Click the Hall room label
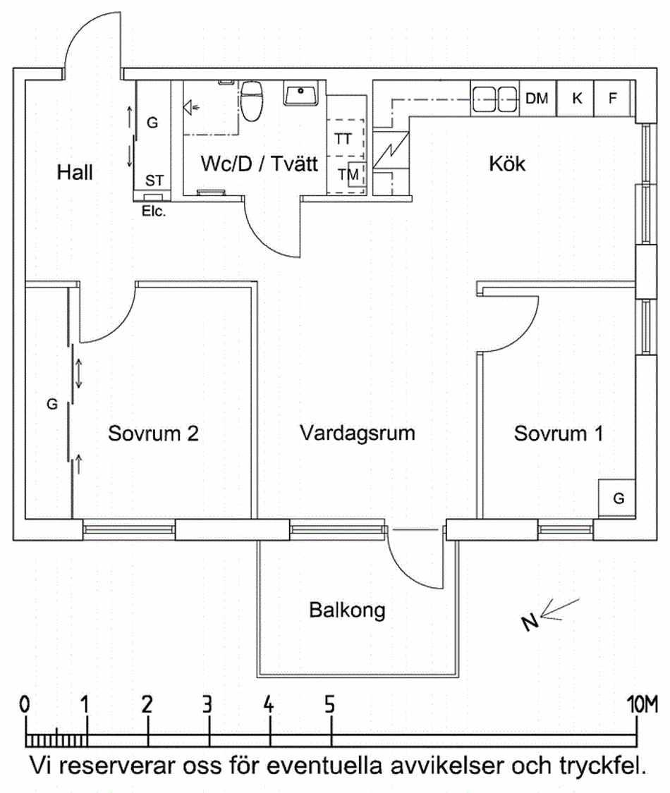coord(75,172)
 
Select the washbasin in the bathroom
coord(303,93)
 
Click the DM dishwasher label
coord(537,99)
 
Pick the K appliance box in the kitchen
coord(576,99)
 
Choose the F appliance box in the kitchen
coord(612,99)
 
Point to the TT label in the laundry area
coord(343,138)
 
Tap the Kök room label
coord(507,164)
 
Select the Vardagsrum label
coord(357,432)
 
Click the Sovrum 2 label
coord(153,434)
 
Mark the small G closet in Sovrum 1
coord(618,498)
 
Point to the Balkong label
coord(347,609)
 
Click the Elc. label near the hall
coord(153,209)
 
